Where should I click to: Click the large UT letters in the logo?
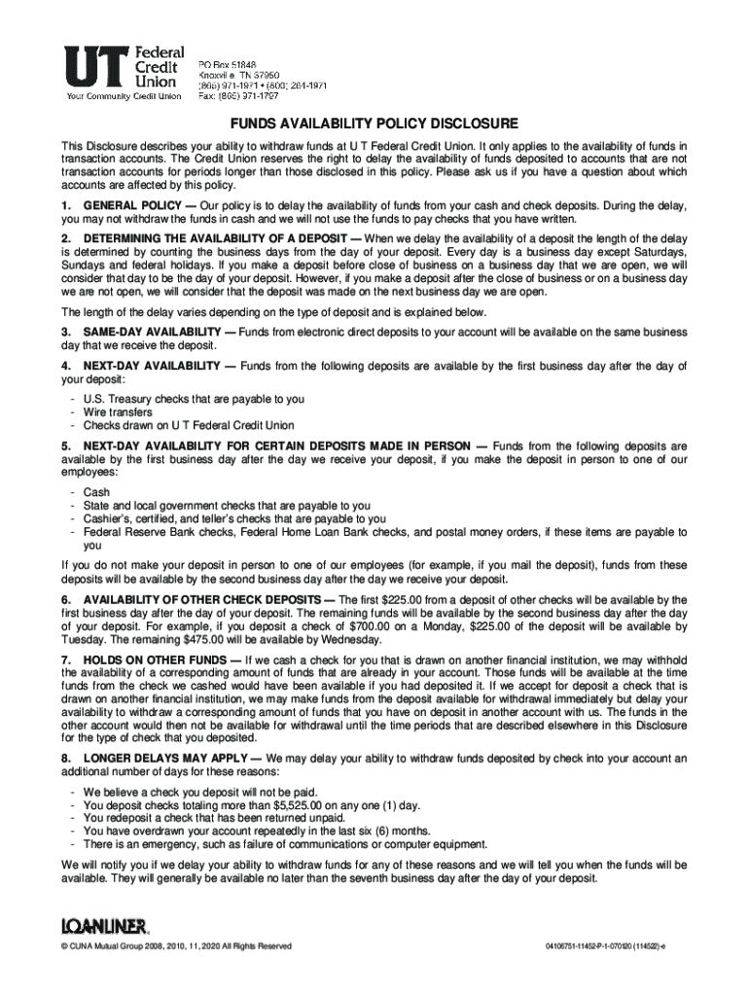[x=93, y=67]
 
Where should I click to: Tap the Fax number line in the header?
[x=238, y=96]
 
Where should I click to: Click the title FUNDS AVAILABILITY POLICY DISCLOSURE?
[x=374, y=124]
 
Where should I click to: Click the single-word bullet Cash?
[x=96, y=492]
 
